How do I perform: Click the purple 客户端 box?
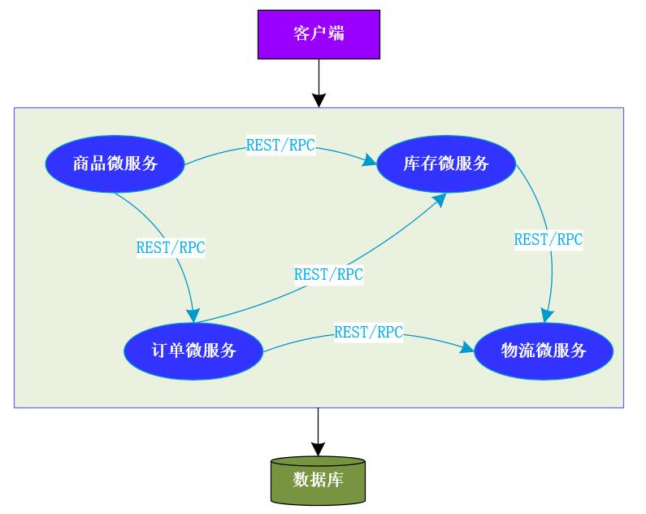(x=319, y=34)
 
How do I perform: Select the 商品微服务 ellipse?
(x=115, y=163)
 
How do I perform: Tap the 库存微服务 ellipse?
(x=446, y=163)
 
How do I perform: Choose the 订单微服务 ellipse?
(x=193, y=351)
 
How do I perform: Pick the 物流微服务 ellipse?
(x=543, y=351)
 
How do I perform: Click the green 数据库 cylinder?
(x=318, y=480)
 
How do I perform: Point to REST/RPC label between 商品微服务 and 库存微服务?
(x=280, y=146)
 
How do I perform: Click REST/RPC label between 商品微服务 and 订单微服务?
(x=171, y=248)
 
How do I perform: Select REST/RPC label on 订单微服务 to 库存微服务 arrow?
(x=328, y=274)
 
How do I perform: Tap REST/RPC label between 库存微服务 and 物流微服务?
(x=548, y=240)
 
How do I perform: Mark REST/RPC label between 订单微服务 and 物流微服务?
(x=368, y=332)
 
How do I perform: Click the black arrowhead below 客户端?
(x=319, y=100)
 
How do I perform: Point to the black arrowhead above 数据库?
(x=318, y=449)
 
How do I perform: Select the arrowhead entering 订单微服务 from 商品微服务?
(x=193, y=315)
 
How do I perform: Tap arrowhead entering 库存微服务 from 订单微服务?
(x=439, y=199)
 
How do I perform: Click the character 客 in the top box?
(x=301, y=34)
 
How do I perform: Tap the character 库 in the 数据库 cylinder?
(x=335, y=480)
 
